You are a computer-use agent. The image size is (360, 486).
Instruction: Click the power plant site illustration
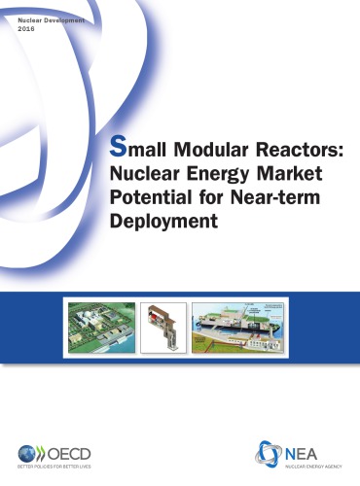pos(100,325)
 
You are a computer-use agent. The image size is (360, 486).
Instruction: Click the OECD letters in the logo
pos(68,452)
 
